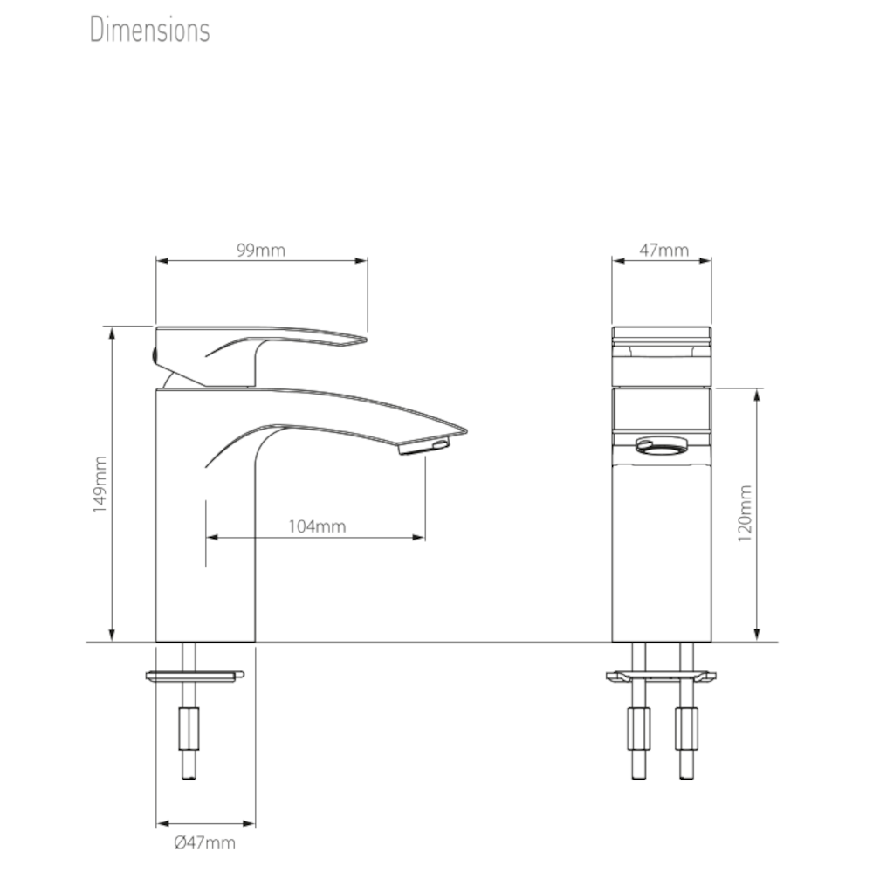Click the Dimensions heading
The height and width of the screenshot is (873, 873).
tap(149, 30)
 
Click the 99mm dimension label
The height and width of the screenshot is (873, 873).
tap(260, 251)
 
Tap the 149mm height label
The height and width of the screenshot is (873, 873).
tap(100, 483)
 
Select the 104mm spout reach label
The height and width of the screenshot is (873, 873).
tap(316, 526)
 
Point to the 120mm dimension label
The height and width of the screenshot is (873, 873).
tap(745, 514)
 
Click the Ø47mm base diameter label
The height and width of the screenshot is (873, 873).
tap(204, 842)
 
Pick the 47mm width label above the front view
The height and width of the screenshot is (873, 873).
tap(663, 251)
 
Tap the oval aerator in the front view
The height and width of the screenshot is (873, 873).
tap(662, 446)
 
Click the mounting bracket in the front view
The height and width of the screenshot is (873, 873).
tap(662, 676)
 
